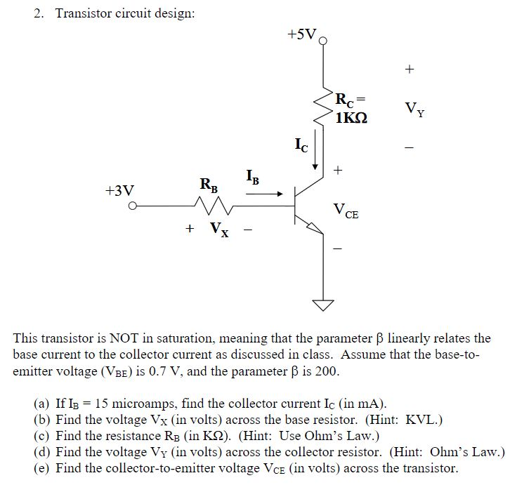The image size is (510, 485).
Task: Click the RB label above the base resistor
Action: click(x=209, y=185)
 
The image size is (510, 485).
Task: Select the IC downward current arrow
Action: click(x=316, y=153)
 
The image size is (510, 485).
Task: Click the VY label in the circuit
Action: click(x=414, y=109)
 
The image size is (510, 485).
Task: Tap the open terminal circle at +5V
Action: click(x=323, y=41)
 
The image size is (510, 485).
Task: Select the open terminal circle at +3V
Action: click(x=131, y=206)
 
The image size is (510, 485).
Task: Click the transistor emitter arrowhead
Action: click(x=315, y=226)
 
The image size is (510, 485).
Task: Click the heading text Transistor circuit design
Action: click(x=124, y=14)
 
